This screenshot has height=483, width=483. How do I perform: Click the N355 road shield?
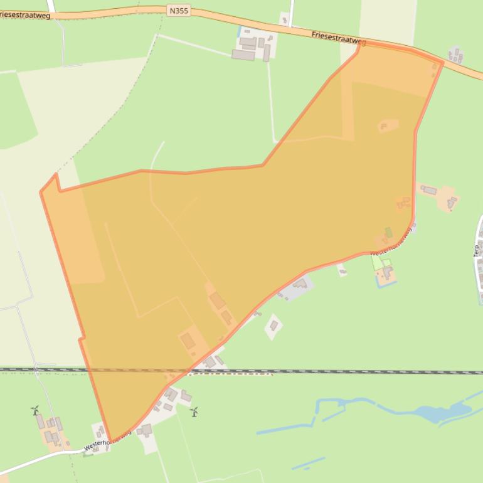point(179,11)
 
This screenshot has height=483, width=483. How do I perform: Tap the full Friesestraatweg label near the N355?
point(338,38)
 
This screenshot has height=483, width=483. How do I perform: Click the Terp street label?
point(476,250)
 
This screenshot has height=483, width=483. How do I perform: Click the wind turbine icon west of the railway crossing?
point(35,411)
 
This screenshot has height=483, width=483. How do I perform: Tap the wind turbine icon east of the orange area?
point(194,412)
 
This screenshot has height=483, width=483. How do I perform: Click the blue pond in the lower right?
point(439,412)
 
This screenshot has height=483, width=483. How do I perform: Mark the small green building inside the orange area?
point(389,233)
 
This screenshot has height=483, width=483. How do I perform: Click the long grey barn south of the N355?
point(243,55)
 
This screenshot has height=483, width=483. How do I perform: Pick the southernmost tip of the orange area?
point(110,442)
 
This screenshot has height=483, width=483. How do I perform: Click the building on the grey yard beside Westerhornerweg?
point(299,285)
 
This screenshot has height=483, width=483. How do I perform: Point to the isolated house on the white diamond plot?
point(273,326)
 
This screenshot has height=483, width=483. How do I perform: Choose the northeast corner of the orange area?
point(443,62)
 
